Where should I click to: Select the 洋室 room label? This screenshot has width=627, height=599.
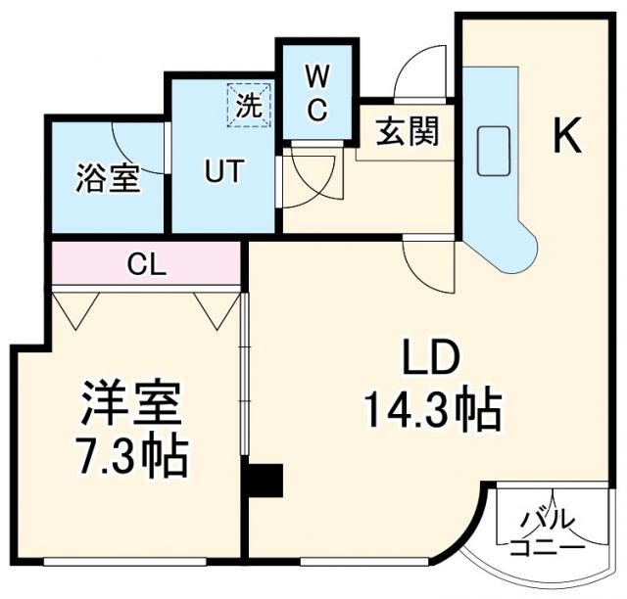(131, 402)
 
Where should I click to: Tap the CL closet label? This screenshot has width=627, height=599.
(146, 264)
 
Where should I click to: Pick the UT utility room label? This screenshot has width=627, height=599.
(224, 169)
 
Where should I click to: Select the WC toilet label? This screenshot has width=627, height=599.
(316, 93)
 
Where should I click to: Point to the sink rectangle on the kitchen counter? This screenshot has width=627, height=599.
(492, 151)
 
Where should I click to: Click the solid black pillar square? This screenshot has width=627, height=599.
(265, 482)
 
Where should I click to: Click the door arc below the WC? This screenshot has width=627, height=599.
(305, 177)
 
